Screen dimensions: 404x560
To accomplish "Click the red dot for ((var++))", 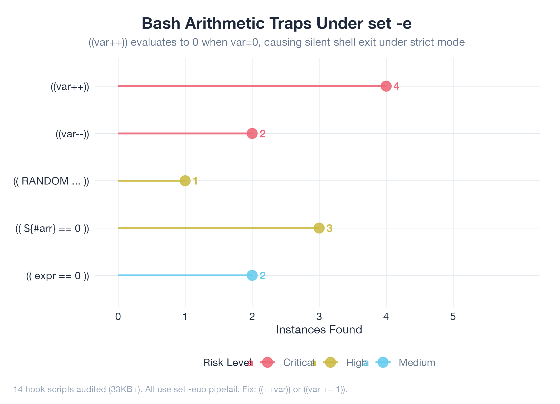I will (x=386, y=86).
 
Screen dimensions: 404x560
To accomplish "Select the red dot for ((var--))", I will (x=252, y=133).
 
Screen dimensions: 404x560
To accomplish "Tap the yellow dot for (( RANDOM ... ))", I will (x=185, y=181).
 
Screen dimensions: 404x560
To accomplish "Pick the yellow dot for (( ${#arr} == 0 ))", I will (x=319, y=228).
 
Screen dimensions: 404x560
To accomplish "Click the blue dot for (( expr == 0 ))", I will (x=252, y=275).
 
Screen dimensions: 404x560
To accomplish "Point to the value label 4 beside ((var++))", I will (x=396, y=86).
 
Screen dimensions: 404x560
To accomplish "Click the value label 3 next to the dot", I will (x=329, y=228).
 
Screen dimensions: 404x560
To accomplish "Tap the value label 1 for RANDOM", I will (x=195, y=181).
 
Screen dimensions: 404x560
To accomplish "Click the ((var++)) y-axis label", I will (x=70, y=87).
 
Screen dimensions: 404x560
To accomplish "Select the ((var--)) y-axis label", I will (x=72, y=134).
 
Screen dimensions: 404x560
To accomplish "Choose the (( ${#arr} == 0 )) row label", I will (x=52, y=228).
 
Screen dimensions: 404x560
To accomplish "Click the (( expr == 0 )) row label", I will (x=57, y=276).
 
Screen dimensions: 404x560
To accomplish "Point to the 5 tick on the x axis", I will (x=453, y=317).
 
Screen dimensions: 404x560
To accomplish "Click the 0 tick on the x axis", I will (x=118, y=317).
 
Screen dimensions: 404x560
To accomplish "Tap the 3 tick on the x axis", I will (x=319, y=317).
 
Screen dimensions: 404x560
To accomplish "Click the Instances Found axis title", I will (x=319, y=330).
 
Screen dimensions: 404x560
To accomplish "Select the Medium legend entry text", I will (x=417, y=363).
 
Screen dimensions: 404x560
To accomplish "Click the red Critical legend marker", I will (x=267, y=362).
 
